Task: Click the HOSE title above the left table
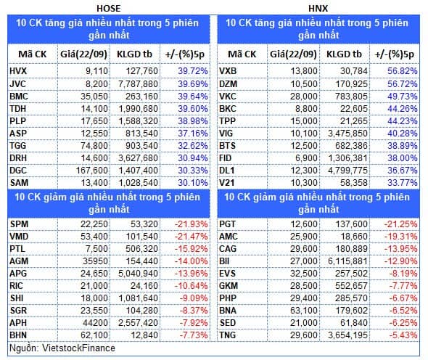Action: point(108,9)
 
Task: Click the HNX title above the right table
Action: point(318,9)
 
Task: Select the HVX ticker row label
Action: point(18,71)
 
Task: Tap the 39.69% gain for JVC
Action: point(193,84)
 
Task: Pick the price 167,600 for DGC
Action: point(92,171)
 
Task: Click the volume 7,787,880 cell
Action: point(138,84)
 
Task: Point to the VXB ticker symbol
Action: point(228,71)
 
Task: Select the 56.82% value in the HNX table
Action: point(403,71)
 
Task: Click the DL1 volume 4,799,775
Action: point(347,171)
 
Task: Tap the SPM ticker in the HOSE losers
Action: point(19,224)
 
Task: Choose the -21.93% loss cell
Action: point(191,224)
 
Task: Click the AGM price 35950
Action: point(95,261)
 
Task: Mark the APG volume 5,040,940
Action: point(138,274)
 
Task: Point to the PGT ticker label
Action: point(227,224)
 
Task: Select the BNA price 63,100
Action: point(304,311)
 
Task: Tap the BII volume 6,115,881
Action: point(347,261)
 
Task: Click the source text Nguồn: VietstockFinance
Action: point(62,348)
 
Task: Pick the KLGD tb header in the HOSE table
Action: point(134,54)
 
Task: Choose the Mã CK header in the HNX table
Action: point(242,54)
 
